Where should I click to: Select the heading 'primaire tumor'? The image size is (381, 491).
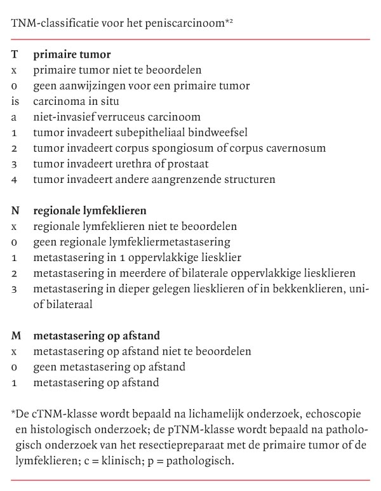(x=72, y=55)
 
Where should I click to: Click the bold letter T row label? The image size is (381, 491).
(x=15, y=55)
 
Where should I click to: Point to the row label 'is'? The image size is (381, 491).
(x=15, y=101)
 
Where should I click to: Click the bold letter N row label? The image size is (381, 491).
(x=15, y=210)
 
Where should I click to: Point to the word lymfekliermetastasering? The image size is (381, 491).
(x=163, y=241)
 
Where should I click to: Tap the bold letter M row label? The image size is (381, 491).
(x=16, y=335)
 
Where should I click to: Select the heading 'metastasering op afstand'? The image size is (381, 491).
(x=96, y=335)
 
